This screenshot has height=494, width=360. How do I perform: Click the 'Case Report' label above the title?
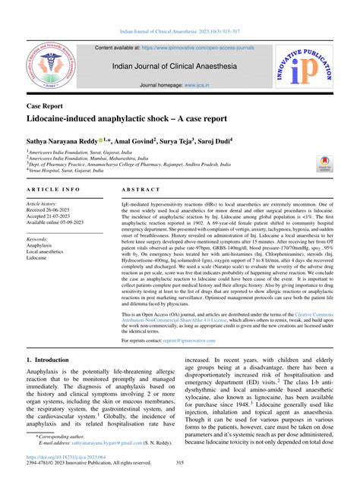click(x=45, y=106)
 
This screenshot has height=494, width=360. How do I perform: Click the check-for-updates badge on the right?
click(x=324, y=163)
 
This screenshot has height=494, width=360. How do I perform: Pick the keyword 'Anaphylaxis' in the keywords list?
click(x=42, y=246)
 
